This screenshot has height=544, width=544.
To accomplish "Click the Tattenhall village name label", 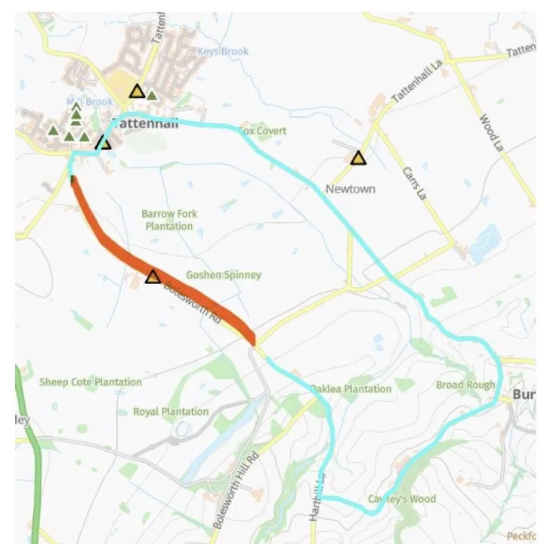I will pyautogui.click(x=144, y=125).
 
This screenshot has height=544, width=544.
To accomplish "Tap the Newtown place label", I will pyautogui.click(x=350, y=189).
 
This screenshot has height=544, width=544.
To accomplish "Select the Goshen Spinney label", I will pyautogui.click(x=223, y=275).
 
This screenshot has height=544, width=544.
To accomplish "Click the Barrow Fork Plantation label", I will pyautogui.click(x=168, y=220).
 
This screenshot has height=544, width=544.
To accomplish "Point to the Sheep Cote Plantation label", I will pyautogui.click(x=90, y=382).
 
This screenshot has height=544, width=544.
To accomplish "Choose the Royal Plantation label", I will pyautogui.click(x=171, y=412).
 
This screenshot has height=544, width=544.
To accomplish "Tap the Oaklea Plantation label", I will pyautogui.click(x=351, y=389).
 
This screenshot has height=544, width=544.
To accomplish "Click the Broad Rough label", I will pyautogui.click(x=465, y=385).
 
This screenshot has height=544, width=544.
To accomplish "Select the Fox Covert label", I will pyautogui.click(x=263, y=131).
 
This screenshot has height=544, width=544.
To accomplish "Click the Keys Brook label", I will pyautogui.click(x=222, y=51).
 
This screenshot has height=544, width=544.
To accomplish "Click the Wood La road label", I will pyautogui.click(x=490, y=133).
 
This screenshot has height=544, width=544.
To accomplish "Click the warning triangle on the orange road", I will pyautogui.click(x=153, y=277).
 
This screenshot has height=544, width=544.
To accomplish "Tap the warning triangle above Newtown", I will pyautogui.click(x=358, y=158).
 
